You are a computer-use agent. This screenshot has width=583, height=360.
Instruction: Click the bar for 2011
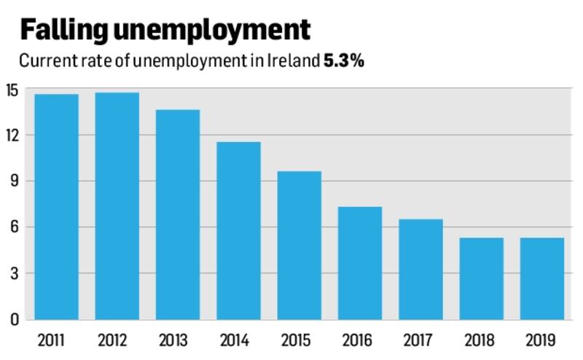click(x=57, y=206)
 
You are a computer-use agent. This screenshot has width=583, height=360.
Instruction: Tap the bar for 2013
click(x=178, y=214)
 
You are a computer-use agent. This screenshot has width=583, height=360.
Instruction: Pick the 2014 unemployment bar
click(x=238, y=230)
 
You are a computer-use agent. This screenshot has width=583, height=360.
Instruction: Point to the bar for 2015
click(x=299, y=245)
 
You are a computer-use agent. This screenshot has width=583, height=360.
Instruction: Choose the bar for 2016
click(x=360, y=262)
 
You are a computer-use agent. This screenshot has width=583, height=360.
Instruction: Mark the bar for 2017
click(x=420, y=269)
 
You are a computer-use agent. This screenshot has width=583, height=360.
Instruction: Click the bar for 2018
click(x=481, y=278)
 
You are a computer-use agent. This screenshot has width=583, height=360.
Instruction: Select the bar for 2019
click(x=541, y=278)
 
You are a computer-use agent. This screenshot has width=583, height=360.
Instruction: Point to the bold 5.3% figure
click(x=345, y=61)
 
